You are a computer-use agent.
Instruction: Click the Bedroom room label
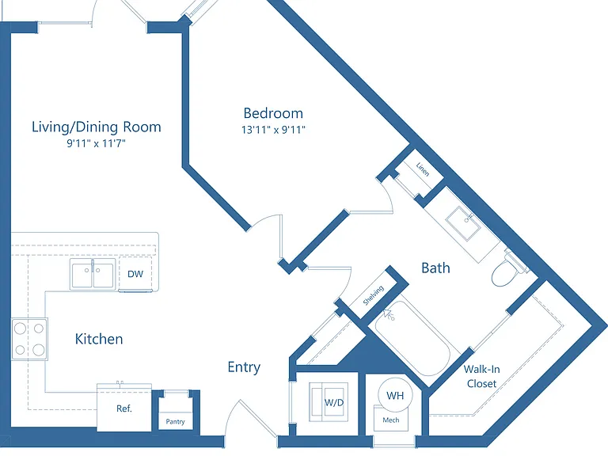point(273,113)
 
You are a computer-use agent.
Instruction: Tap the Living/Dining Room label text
point(96,127)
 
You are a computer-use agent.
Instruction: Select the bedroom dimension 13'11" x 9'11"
point(273,130)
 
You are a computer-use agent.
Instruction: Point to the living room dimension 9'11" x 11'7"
point(96,143)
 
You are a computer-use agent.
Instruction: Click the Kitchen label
point(99,339)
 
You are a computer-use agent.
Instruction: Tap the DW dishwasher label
point(135,274)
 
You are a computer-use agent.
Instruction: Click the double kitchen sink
point(93,274)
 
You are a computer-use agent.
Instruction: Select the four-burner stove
point(29,340)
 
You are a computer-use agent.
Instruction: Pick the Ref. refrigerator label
point(124,408)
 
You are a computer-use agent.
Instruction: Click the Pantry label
point(175,421)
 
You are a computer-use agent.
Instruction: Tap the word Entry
point(244,367)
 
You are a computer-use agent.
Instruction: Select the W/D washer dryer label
point(334,402)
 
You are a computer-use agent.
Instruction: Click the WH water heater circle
point(395,395)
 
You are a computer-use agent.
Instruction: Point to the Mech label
point(391,420)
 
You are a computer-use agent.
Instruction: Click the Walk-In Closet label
point(481,376)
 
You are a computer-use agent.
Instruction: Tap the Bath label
point(436,268)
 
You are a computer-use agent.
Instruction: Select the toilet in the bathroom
point(508,269)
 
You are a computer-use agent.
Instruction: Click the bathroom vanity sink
point(463,224)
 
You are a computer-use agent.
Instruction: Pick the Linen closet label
point(423,169)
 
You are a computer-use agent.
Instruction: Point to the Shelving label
point(374,295)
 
